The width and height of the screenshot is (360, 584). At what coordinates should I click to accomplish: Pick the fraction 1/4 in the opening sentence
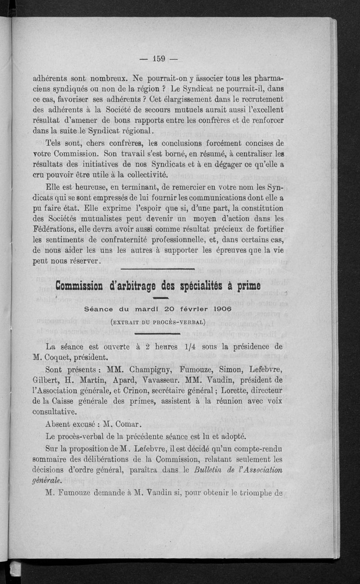coord(186,347)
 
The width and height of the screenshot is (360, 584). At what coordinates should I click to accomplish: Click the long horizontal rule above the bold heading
coord(157,269)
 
